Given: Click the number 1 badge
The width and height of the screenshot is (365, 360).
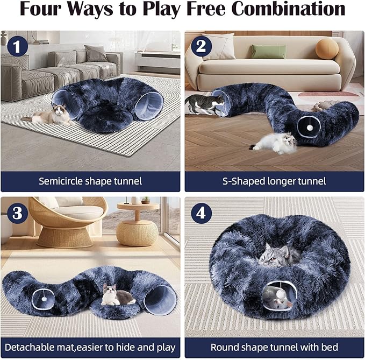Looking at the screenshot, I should (17, 46).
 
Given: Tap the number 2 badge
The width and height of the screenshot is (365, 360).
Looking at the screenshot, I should (201, 46).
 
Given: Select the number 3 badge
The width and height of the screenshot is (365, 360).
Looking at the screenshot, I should (17, 213).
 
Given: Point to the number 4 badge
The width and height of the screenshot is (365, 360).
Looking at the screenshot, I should (201, 213).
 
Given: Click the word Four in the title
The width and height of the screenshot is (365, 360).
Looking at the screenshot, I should (46, 10).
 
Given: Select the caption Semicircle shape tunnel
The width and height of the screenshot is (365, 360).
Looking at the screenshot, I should (90, 181).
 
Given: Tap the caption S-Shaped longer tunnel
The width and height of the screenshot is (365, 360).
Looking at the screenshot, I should (274, 181).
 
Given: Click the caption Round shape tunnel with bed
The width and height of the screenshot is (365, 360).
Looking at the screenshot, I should (274, 347).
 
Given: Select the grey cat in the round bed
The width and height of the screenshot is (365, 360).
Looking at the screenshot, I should (275, 255).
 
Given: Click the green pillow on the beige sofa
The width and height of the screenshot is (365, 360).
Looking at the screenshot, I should (269, 52).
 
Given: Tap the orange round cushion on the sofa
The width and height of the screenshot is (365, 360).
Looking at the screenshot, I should (327, 49).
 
